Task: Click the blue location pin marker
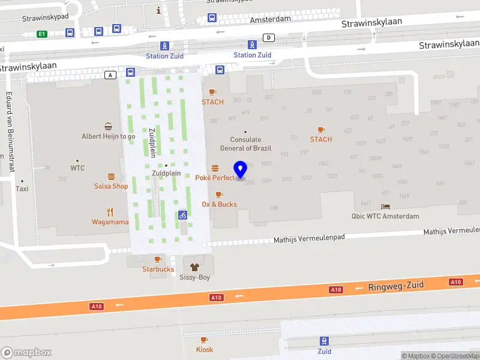coord(241,170)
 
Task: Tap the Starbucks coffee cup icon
coord(158,259)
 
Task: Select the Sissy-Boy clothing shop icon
coord(194,267)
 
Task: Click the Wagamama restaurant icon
coord(110,211)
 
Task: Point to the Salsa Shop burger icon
coord(111,176)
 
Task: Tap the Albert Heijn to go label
coord(109,136)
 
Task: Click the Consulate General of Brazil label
coord(245,144)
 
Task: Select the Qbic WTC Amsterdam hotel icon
coord(385,206)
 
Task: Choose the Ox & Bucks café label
coord(219,204)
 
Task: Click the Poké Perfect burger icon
coord(215,167)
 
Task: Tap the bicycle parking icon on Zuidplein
coord(182,214)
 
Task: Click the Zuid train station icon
coord(324,341)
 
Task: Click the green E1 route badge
coord(42,34)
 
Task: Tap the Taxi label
coord(22,188)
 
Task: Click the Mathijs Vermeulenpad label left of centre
coord(309,238)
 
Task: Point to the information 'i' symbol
coord(158,10)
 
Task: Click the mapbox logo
coord(26,353)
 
